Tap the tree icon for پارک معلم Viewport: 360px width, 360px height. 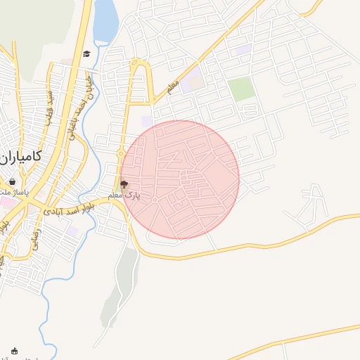pos(124,186)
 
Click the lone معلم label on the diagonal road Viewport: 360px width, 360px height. pos(174,86)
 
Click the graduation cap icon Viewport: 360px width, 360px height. pos(86,53)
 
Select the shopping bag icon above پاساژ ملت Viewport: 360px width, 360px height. pos(13,182)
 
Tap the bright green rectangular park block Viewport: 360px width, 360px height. pos(241,89)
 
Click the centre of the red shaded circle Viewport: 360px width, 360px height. pos(180,179)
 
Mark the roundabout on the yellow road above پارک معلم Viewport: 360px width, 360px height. pos(121,153)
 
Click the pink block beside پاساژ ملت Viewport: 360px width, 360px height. pos(6,202)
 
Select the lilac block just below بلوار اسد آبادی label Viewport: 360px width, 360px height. pos(72,231)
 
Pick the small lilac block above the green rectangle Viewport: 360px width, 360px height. pos(243,49)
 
